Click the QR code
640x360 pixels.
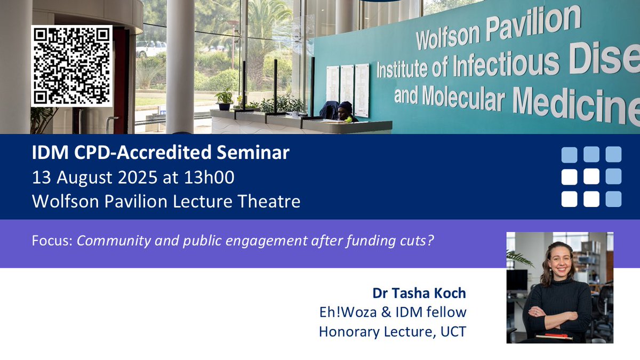pyautogui.click(x=71, y=66)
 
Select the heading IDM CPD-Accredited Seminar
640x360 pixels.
pyautogui.click(x=161, y=153)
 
